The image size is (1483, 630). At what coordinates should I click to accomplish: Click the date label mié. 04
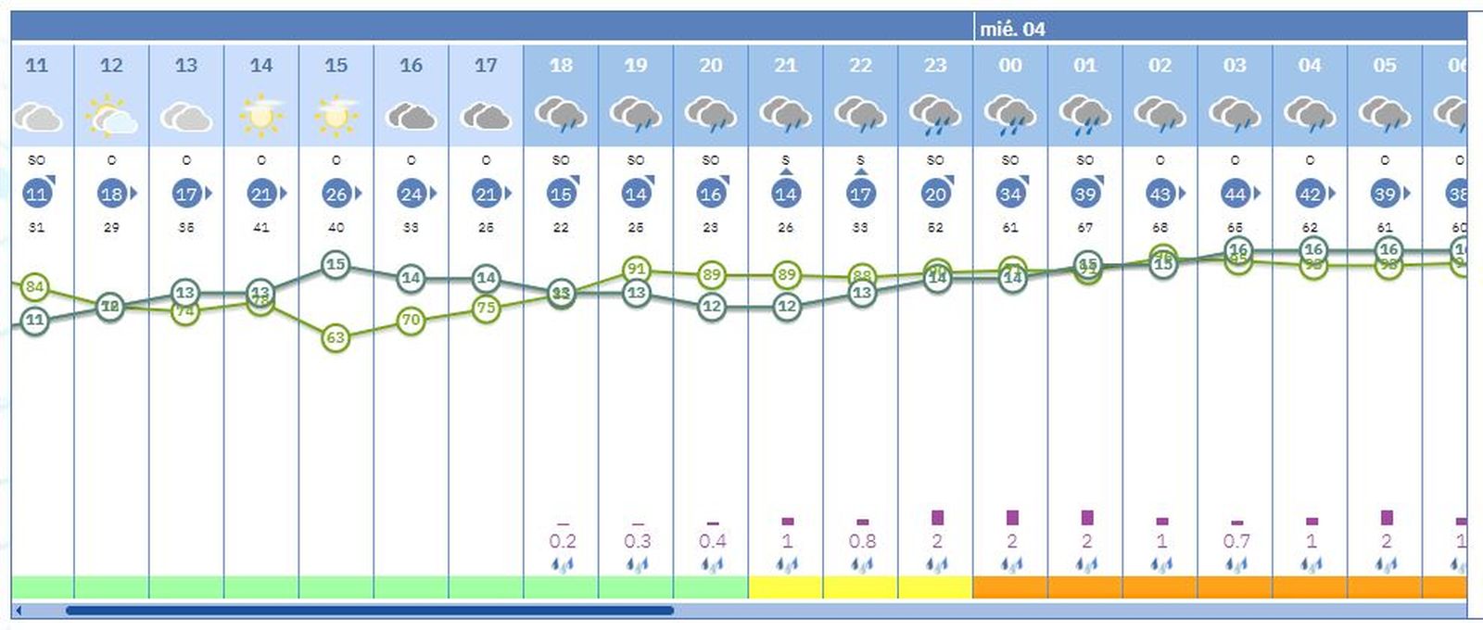pos(1012,30)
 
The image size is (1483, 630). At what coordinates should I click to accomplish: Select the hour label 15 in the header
pos(336,66)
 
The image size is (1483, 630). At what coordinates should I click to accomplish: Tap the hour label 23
pos(935,66)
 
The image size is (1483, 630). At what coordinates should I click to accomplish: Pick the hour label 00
pos(1010,66)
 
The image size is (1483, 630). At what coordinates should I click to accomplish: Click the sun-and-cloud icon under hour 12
pos(111,116)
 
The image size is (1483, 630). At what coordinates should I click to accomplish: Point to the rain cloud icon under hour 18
pos(561,116)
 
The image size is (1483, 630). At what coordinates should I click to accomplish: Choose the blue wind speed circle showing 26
pos(336,195)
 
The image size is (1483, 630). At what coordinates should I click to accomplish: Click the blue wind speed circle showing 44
pos(1235,195)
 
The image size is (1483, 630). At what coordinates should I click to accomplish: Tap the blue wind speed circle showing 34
pos(1010,195)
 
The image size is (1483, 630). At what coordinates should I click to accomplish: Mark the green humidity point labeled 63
pos(336,338)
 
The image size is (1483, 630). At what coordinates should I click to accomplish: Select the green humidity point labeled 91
pos(636,270)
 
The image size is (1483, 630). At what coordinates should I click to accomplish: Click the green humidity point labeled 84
pos(34,287)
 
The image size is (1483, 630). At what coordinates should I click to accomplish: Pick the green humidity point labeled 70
pos(411,321)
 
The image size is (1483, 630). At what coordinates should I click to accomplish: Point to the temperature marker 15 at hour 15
pos(336,265)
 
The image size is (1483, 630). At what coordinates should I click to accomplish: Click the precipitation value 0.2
pos(562,541)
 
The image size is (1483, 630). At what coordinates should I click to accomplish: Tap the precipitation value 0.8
pos(862,541)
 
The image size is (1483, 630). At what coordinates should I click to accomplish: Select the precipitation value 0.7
pos(1236,541)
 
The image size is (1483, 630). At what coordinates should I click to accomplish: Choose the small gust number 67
pos(1085,228)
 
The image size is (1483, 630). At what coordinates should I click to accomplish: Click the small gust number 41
pos(261,228)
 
